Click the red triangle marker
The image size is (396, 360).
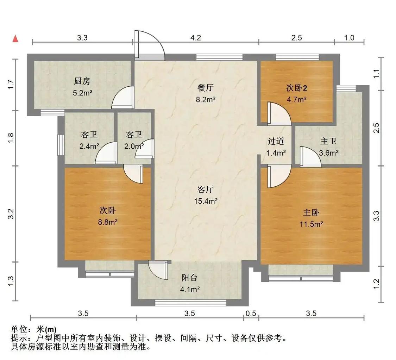pyautogui.click(x=15, y=38)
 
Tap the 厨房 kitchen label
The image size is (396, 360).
pyautogui.click(x=82, y=81)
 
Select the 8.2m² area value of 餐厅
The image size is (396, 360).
pyautogui.click(x=206, y=100)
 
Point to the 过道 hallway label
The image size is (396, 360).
pyautogui.click(x=276, y=142)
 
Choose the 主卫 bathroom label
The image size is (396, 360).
pyautogui.click(x=328, y=142)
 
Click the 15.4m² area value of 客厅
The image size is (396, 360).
pyautogui.click(x=206, y=201)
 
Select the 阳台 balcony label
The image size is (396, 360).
pyautogui.click(x=189, y=278)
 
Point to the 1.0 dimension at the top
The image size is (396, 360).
pyautogui.click(x=349, y=38)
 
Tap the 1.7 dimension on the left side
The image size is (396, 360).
pyautogui.click(x=11, y=84)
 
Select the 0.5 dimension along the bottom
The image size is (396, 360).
pyautogui.click(x=251, y=313)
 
